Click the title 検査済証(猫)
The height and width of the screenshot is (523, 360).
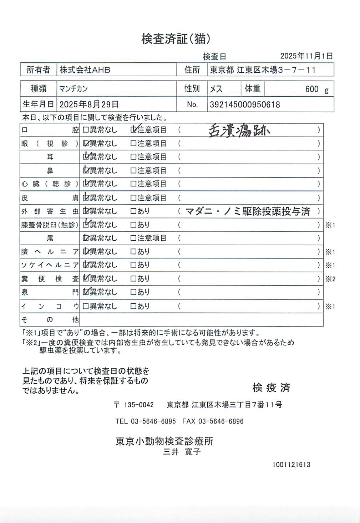click(176, 39)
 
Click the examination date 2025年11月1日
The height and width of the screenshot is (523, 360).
click(306, 56)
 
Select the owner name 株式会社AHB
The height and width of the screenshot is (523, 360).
click(85, 70)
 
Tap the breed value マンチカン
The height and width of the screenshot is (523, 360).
click(73, 88)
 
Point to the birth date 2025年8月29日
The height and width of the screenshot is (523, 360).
click(89, 104)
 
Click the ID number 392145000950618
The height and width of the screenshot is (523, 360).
click(245, 105)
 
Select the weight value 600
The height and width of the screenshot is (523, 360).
click(311, 89)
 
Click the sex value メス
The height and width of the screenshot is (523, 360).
click(216, 89)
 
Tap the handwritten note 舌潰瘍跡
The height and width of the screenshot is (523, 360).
click(239, 131)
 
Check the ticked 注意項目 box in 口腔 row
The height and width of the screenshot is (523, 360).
click(134, 130)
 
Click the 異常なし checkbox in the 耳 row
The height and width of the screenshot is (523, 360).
click(86, 157)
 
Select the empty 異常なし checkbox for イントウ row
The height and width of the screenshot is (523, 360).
click(86, 306)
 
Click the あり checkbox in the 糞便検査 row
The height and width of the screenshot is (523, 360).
click(133, 278)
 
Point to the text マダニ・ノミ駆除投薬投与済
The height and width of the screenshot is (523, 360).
click(248, 211)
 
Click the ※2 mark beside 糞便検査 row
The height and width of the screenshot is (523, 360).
click(330, 279)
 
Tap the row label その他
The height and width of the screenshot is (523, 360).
click(50, 319)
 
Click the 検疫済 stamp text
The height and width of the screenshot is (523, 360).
click(271, 388)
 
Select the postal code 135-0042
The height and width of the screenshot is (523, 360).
click(138, 405)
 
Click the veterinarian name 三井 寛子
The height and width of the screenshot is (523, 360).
click(182, 452)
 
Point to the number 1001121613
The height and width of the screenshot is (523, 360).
click(291, 465)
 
